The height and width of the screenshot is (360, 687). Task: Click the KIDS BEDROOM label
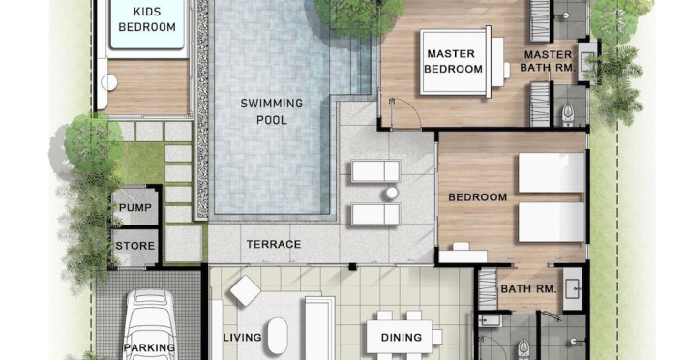(147, 19)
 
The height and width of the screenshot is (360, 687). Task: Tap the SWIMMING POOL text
(272, 111)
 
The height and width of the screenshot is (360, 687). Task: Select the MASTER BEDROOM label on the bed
(453, 61)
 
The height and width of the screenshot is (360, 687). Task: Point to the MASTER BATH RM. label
(548, 61)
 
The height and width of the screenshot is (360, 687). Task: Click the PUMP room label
(135, 208)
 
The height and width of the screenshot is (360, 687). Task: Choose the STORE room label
(135, 246)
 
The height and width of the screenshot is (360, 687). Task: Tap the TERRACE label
(274, 244)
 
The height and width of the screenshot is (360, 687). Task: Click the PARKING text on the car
(149, 347)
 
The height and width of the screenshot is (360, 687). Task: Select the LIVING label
(242, 337)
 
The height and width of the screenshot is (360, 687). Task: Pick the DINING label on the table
(402, 337)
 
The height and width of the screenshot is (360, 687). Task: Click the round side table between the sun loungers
(392, 193)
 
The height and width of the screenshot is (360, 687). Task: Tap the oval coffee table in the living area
(278, 336)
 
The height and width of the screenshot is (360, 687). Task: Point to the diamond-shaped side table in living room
(246, 290)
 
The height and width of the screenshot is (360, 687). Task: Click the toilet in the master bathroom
(568, 114)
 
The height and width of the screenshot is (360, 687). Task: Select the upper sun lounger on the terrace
(375, 170)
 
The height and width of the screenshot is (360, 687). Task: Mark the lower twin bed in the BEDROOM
(553, 222)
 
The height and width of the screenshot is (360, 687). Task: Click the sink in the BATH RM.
(573, 289)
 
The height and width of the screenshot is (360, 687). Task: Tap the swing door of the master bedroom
(405, 113)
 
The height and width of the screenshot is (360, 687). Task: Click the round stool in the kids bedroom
(109, 82)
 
